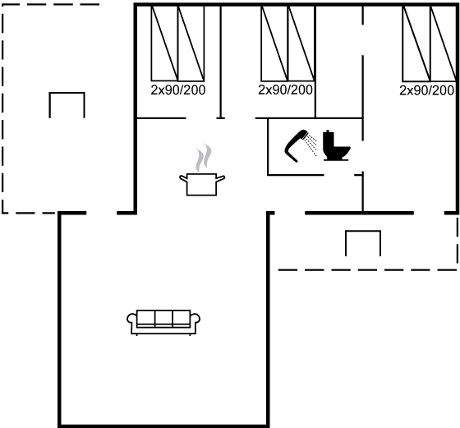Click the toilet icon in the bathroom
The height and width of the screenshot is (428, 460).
pos(336,145)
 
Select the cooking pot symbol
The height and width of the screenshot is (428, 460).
pos(202,184)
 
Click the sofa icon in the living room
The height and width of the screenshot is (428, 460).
pos(163,322)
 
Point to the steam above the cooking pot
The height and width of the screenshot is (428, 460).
pos(204,158)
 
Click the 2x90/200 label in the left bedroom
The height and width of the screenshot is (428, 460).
pos(178,90)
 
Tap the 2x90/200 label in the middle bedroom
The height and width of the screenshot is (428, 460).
pos(286,90)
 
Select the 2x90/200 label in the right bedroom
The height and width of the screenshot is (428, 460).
pos(427,90)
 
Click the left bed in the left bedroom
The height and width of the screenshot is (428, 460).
pos(164,44)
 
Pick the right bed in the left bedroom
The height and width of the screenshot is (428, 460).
pos(191,44)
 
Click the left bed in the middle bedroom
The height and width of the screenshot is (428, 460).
pos(274,44)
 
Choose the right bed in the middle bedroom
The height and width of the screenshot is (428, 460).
pos(301,44)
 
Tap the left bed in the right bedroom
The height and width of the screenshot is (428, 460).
pos(416,44)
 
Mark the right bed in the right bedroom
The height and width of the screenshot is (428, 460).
pos(444,44)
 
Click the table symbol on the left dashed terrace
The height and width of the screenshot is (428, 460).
pos(67,94)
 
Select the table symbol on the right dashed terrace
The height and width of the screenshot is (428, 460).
pos(363,232)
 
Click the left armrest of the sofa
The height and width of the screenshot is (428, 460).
pos(131,318)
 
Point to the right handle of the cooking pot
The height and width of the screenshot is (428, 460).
pos(221,178)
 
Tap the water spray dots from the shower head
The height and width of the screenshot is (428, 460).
pos(311,145)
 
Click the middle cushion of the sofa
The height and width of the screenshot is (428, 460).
pos(163,318)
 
